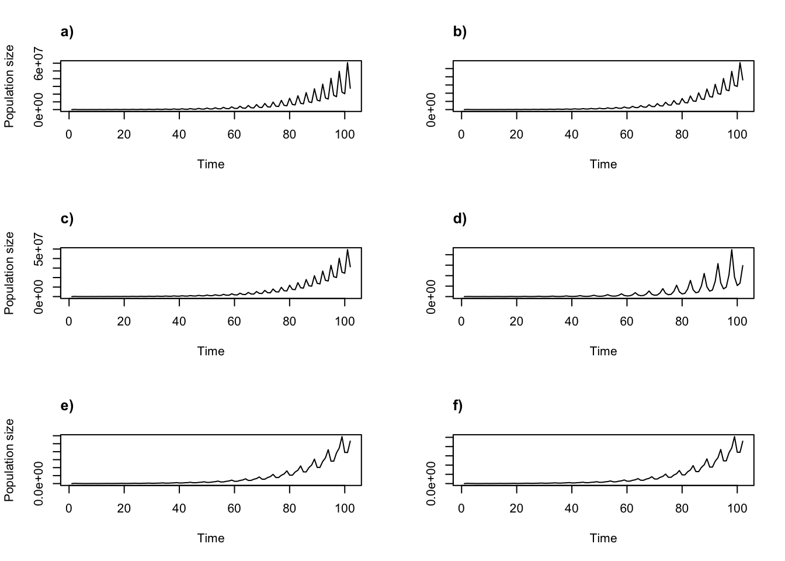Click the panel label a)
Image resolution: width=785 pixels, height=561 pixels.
click(x=67, y=32)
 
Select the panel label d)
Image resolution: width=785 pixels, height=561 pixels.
click(x=460, y=219)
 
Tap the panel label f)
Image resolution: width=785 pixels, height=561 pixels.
click(x=458, y=406)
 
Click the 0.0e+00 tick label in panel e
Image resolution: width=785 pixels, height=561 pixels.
click(x=39, y=483)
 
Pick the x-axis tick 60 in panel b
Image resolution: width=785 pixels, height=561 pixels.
click(x=627, y=134)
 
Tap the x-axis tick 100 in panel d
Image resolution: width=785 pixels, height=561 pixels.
click(x=737, y=321)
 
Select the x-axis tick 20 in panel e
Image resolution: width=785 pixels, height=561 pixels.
click(x=124, y=508)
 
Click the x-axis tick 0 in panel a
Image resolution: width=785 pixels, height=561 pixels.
click(x=69, y=134)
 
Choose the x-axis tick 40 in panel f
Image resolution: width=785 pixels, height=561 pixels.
click(x=571, y=508)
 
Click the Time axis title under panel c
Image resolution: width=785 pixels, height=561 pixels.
click(x=211, y=351)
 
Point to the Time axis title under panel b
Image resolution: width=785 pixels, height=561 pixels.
click(x=603, y=164)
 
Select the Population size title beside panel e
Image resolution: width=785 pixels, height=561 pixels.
click(x=9, y=460)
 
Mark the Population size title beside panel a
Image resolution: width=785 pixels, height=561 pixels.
click(x=9, y=86)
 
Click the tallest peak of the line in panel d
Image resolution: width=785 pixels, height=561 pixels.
click(x=731, y=250)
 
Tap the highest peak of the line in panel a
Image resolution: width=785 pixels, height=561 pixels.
click(x=348, y=63)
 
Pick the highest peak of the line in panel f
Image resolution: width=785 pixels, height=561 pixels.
click(x=734, y=437)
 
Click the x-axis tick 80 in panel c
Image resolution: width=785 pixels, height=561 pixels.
click(x=289, y=321)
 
